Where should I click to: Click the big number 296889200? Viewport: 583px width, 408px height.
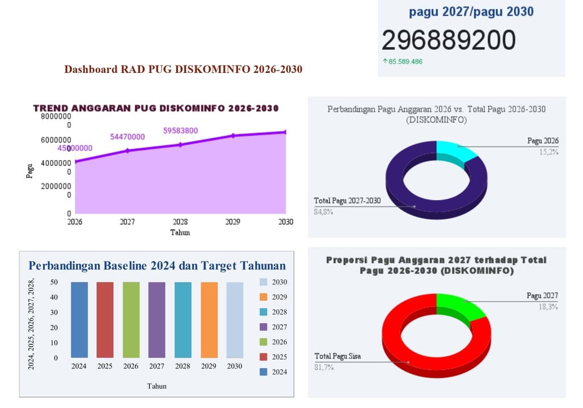click(x=449, y=40)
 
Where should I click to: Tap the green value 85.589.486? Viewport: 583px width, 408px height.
click(x=405, y=61)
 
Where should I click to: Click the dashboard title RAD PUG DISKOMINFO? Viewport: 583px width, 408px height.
click(x=183, y=70)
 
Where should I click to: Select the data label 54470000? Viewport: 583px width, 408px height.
click(x=128, y=137)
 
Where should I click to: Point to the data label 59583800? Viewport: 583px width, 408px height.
click(x=180, y=130)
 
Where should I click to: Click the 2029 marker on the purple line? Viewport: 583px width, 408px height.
click(x=233, y=136)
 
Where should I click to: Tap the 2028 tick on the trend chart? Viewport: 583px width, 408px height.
click(x=180, y=222)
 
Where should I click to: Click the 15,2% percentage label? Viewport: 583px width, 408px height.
click(x=549, y=152)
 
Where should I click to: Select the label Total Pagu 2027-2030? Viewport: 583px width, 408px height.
click(x=347, y=201)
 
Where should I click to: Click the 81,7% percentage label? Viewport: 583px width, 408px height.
click(x=324, y=368)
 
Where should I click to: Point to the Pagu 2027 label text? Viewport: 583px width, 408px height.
click(x=542, y=296)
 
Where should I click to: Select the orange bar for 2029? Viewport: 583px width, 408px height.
click(x=208, y=319)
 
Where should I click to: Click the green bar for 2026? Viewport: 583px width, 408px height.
click(x=131, y=319)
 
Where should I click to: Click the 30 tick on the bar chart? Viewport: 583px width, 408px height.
click(x=55, y=312)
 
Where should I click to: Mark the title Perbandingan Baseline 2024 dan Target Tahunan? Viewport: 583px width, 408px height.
click(x=157, y=266)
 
